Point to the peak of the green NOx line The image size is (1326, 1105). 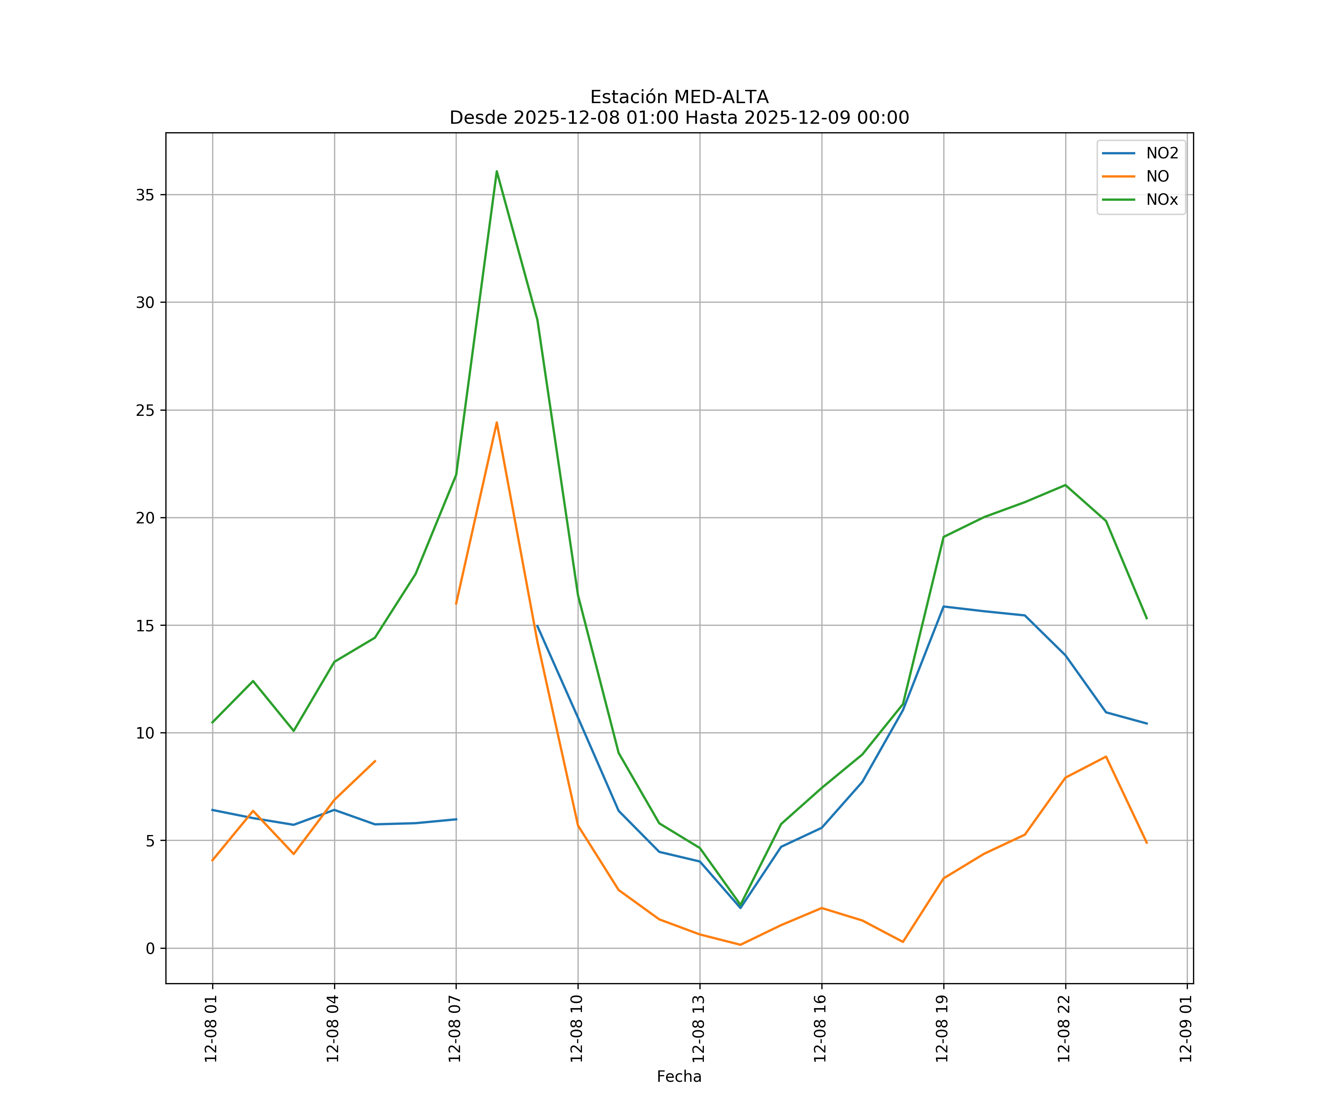coord(497,171)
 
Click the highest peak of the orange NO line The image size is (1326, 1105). coord(497,422)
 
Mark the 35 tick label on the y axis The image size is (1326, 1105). coord(145,195)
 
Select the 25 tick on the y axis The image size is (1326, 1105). coord(145,410)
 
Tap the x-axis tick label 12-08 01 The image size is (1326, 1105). coord(211,1029)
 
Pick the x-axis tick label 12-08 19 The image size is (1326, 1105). coord(942,1029)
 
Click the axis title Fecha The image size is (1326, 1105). coord(679,1077)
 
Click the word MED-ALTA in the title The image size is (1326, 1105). coord(721,97)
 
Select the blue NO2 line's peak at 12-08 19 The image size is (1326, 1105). coord(943,607)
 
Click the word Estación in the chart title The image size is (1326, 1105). coord(628,97)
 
